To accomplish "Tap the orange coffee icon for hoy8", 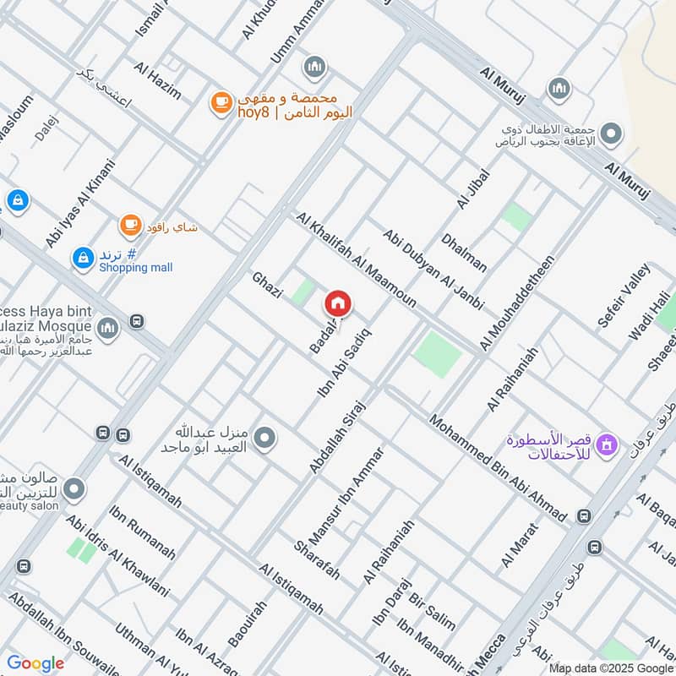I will tap(221, 103).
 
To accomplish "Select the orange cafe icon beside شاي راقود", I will tap(129, 225).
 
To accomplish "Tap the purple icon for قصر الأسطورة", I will tap(606, 443).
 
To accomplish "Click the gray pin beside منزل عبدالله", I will tap(265, 438).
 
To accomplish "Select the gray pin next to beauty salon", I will tap(74, 489).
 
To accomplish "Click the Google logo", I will tap(35, 663).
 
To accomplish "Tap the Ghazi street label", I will tap(266, 286).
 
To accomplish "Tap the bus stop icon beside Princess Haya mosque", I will tap(137, 321).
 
